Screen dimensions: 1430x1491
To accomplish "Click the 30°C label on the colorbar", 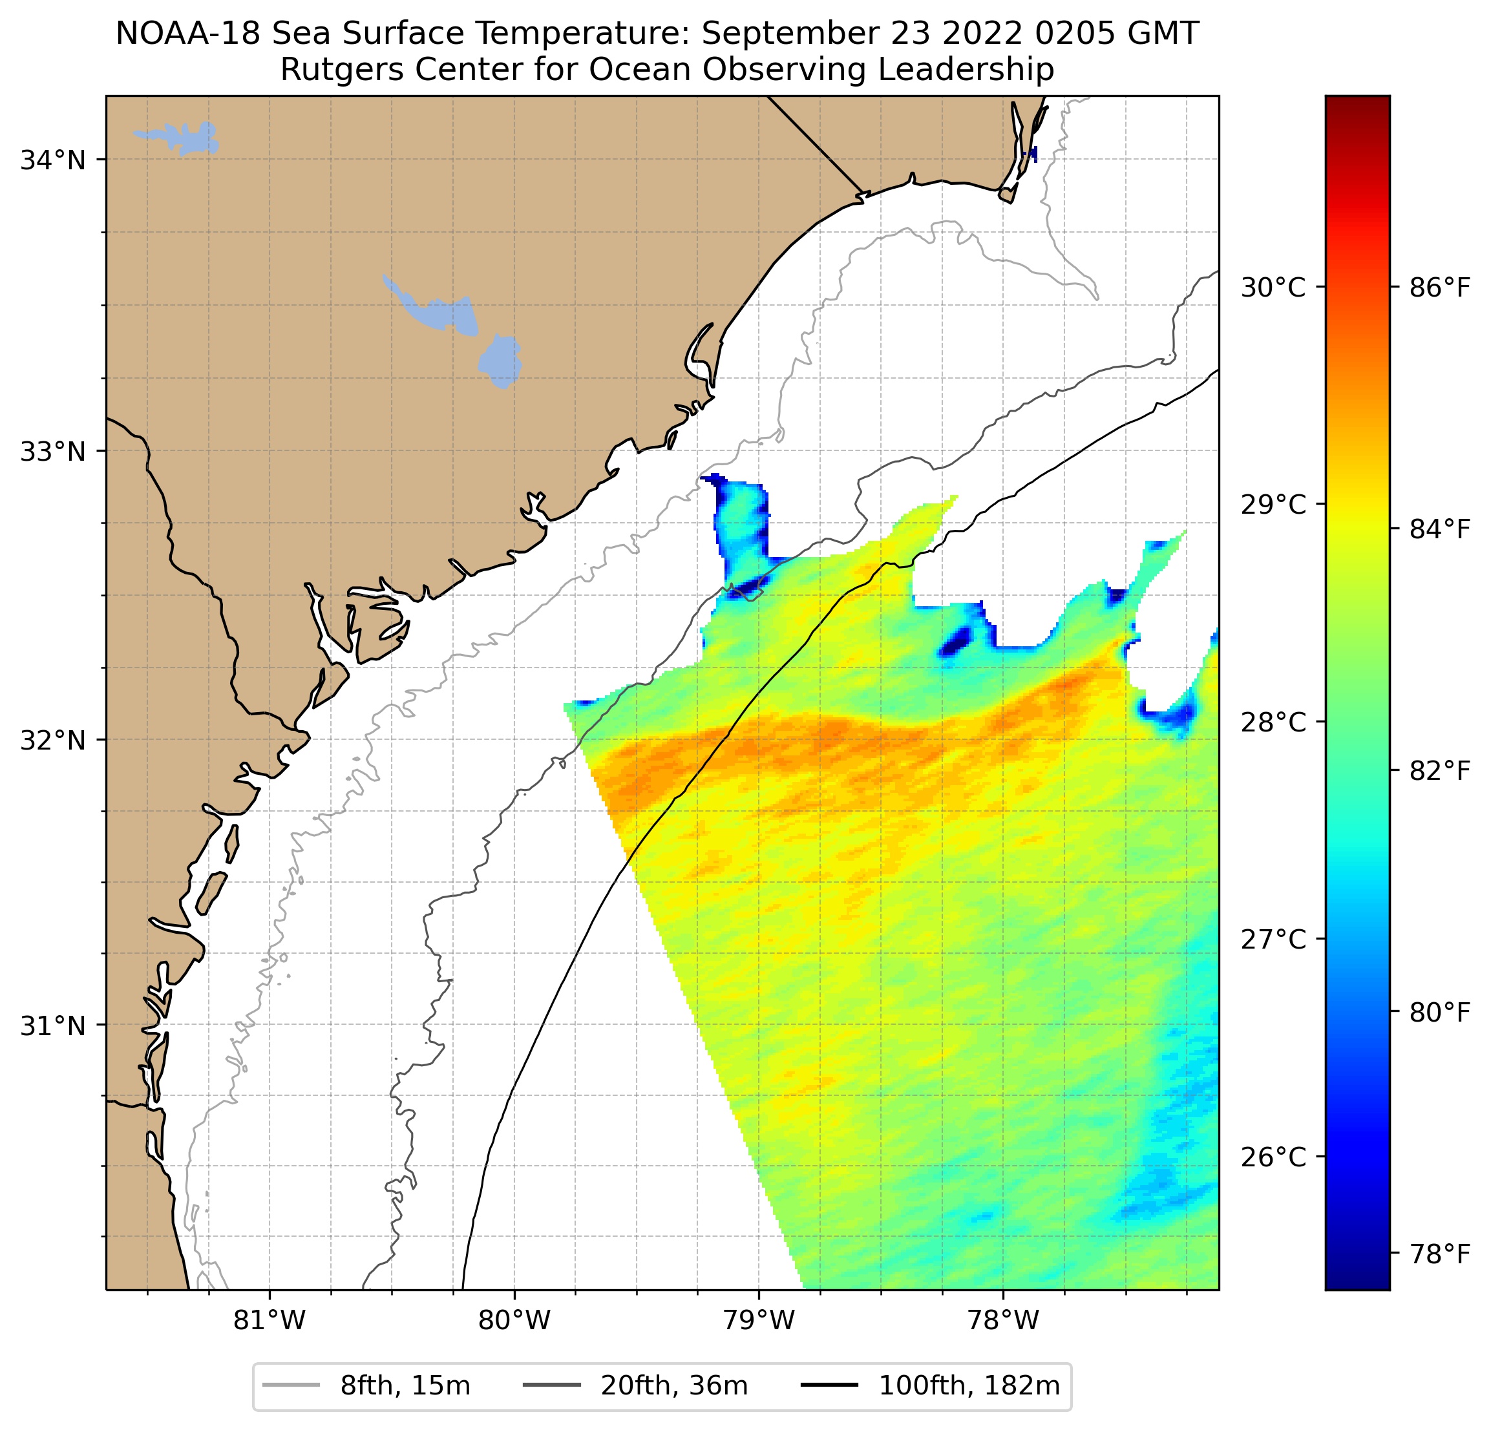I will click(1273, 288).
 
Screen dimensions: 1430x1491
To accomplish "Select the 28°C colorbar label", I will click(1273, 722).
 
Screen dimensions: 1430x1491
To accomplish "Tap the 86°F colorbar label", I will click(1439, 288).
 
